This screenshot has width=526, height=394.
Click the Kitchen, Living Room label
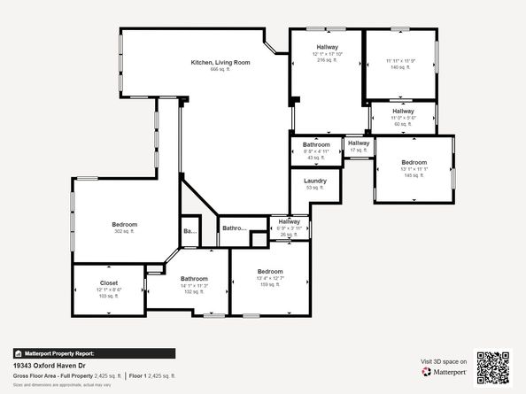220,62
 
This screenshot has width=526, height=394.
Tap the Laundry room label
316,181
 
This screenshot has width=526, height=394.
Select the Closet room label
108,283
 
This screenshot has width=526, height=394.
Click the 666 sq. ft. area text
220,69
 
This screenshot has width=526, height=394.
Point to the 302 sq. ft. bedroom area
124,231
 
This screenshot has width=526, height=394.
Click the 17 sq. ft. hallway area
359,151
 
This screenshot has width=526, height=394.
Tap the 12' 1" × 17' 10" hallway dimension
327,54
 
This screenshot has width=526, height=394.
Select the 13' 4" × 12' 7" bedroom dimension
270,278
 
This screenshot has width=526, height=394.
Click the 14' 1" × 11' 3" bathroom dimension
194,285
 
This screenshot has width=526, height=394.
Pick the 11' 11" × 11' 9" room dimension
400,60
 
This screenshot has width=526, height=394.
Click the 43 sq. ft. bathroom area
316,158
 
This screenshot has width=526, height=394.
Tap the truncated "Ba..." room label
190,231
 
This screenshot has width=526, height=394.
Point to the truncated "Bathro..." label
234,228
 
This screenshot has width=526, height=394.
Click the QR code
493,367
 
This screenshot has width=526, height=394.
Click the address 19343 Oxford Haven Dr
51,365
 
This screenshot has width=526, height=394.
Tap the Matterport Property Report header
61,352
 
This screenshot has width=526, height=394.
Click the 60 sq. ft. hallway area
403,124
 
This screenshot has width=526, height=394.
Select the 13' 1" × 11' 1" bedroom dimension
414,169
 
